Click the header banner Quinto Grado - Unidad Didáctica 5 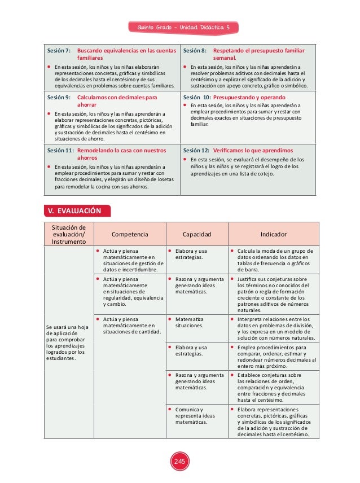coord(182,27)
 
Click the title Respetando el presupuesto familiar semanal coord(258,54)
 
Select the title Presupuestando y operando coord(249,97)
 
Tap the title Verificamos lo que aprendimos coord(252,151)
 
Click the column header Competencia coord(130,234)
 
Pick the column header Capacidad coord(197,234)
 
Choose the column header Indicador coord(274,234)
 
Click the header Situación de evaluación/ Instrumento coord(69,234)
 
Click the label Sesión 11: coord(60,151)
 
